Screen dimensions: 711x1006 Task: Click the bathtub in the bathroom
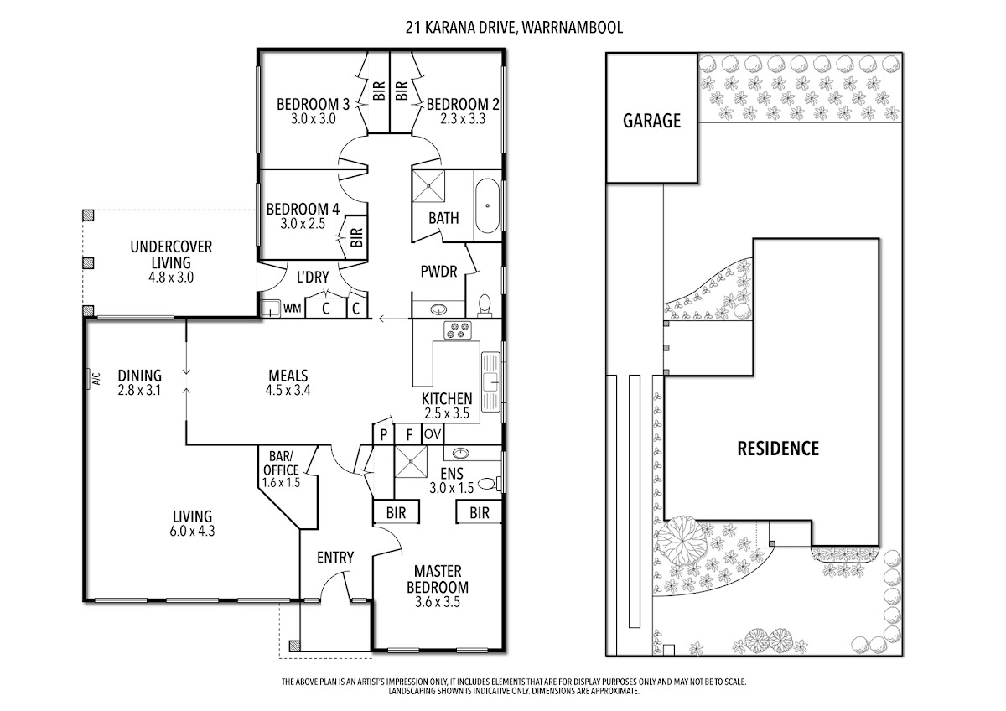click(487, 205)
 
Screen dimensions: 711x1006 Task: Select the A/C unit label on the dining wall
click(88, 380)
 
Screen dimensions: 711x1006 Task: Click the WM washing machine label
click(292, 309)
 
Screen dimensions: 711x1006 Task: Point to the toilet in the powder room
click(484, 304)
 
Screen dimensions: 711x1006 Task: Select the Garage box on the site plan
click(651, 119)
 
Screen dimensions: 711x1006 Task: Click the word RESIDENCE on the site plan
click(777, 449)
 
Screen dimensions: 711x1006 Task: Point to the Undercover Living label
click(171, 254)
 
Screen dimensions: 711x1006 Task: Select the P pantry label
click(384, 434)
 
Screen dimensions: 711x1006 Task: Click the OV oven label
click(433, 434)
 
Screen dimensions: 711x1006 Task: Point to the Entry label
click(335, 558)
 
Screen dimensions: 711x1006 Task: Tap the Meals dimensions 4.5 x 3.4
click(288, 390)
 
